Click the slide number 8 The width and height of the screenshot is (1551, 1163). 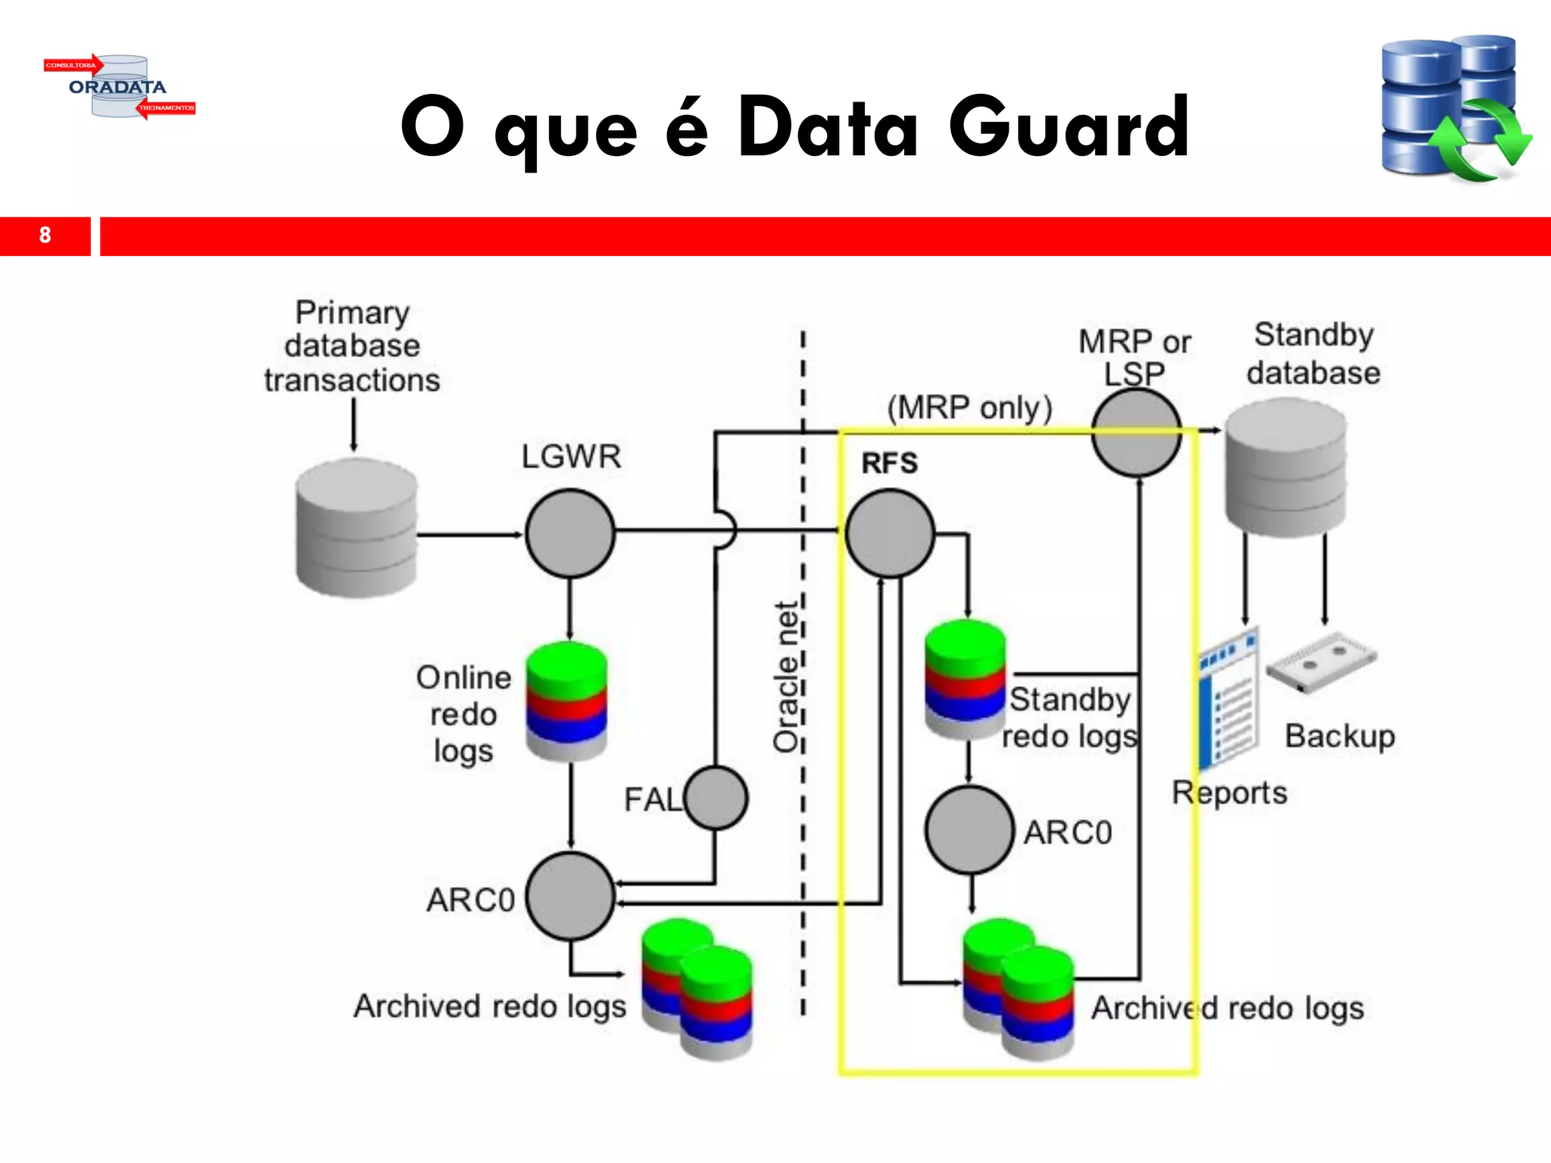(x=45, y=235)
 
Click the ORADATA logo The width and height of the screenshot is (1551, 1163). (x=119, y=86)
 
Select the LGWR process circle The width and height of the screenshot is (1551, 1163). (x=570, y=533)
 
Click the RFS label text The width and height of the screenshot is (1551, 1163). (x=889, y=463)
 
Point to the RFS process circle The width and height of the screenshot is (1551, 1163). (x=889, y=533)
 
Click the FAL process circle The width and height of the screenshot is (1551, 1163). (x=716, y=797)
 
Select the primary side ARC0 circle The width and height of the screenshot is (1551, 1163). (x=570, y=896)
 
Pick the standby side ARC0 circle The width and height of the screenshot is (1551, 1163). (x=969, y=830)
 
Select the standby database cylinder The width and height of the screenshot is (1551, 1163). (x=1285, y=468)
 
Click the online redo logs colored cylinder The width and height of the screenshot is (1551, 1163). (x=566, y=700)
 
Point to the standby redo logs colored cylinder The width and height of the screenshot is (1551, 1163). (x=965, y=679)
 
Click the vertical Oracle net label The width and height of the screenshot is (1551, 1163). (x=786, y=677)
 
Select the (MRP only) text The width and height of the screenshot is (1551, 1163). (x=969, y=407)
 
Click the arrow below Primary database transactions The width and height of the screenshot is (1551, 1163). (x=353, y=424)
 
